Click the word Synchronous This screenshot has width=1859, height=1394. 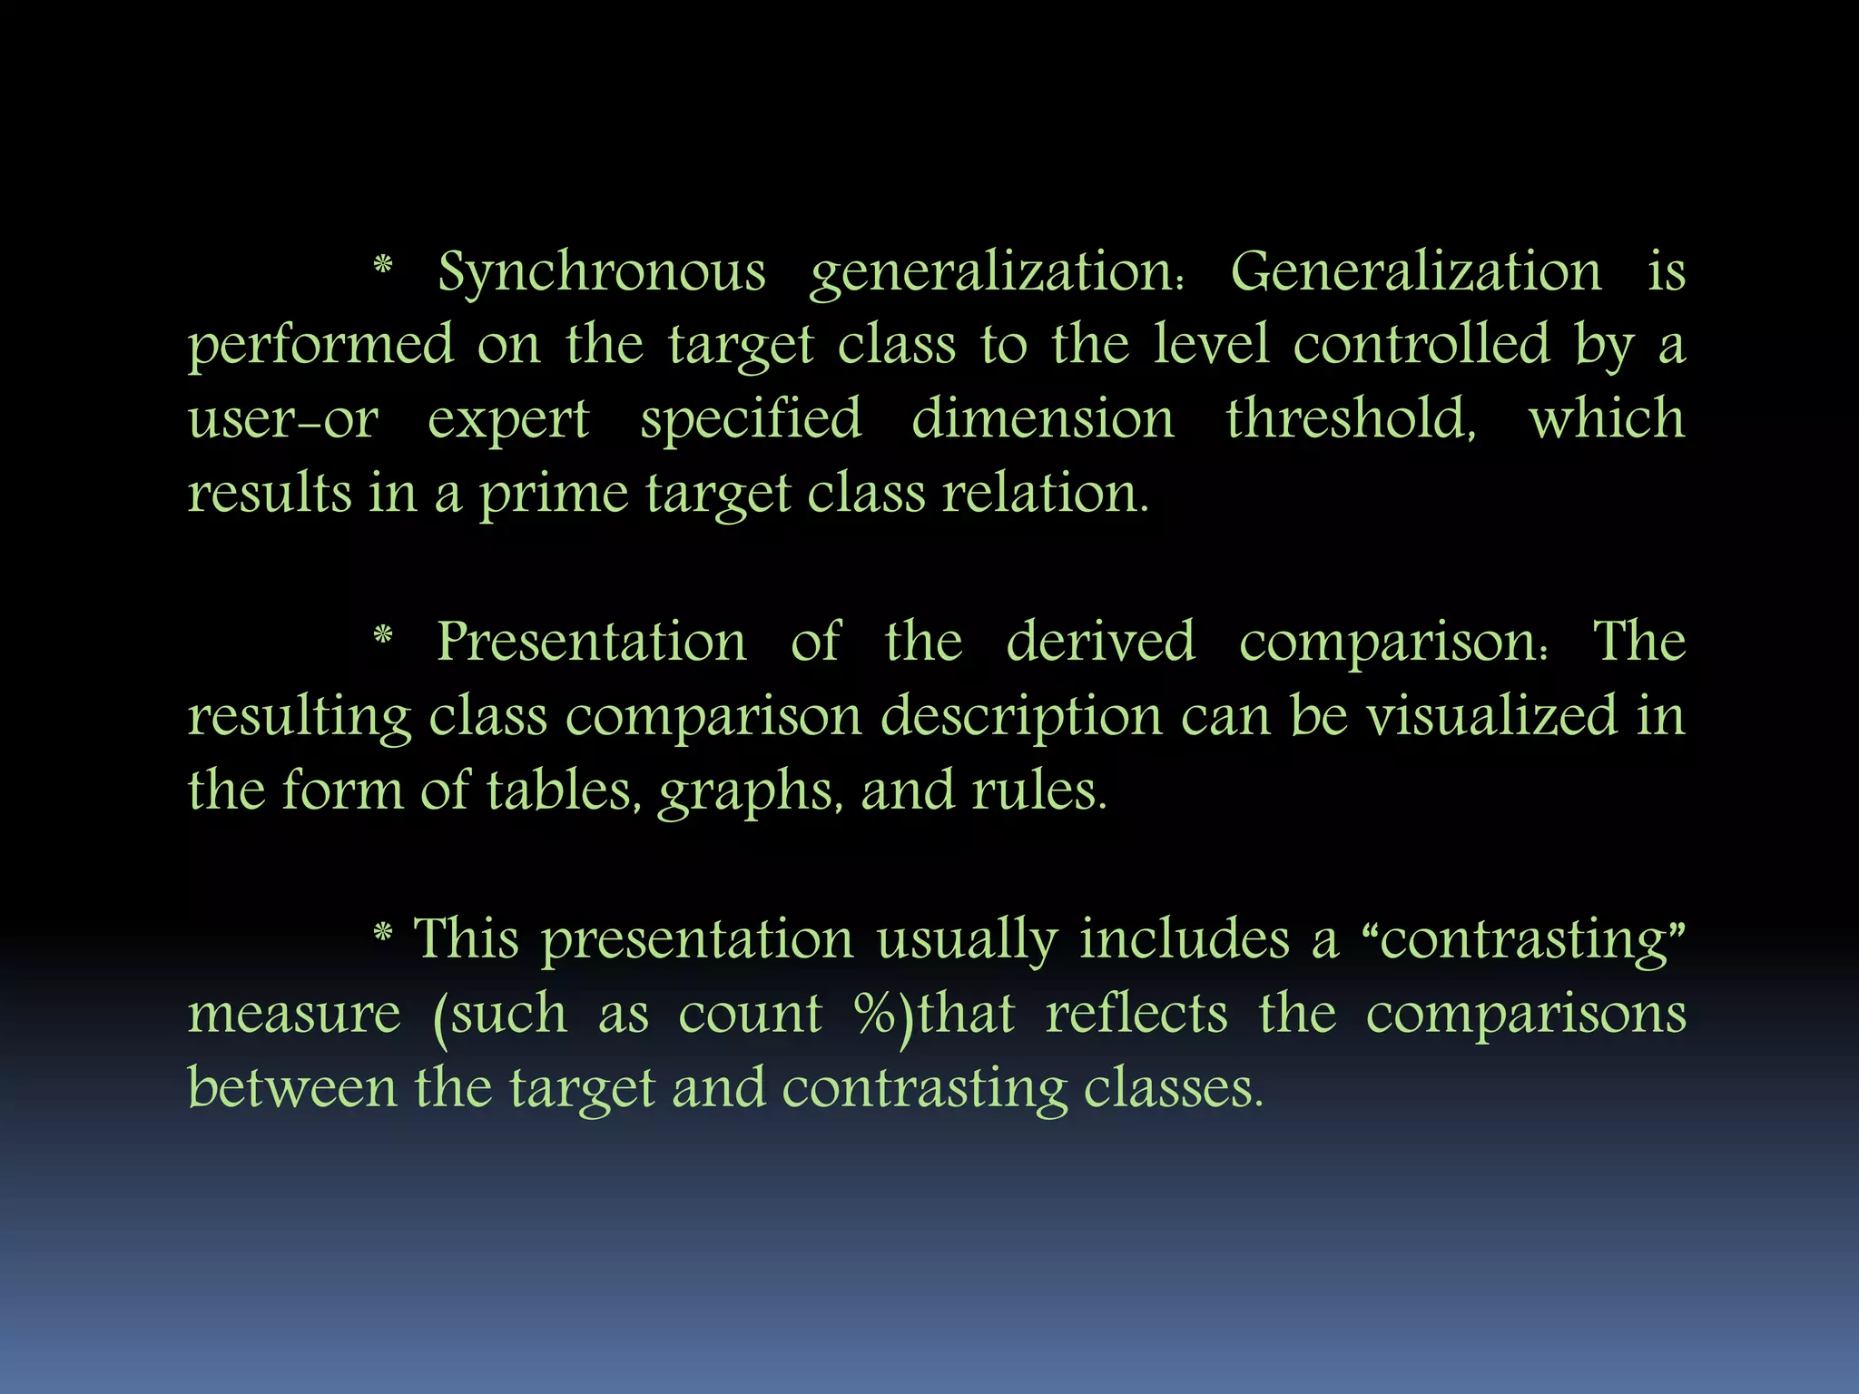pyautogui.click(x=602, y=272)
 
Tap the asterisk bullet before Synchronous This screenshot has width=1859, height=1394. pyautogui.click(x=383, y=266)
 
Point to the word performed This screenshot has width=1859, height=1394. pyautogui.click(x=320, y=347)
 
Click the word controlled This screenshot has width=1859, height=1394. pyautogui.click(x=1421, y=345)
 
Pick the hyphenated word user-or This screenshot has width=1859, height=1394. pyautogui.click(x=283, y=419)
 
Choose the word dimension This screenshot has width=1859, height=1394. pyautogui.click(x=1043, y=419)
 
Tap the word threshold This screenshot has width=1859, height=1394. pyautogui.click(x=1351, y=419)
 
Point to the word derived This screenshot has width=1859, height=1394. pyautogui.click(x=1100, y=642)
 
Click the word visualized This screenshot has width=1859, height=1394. pyautogui.click(x=1492, y=716)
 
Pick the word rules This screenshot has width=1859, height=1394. pyautogui.click(x=1039, y=790)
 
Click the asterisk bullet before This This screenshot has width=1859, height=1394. pyautogui.click(x=383, y=932)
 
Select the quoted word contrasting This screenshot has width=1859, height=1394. pyautogui.click(x=1526, y=939)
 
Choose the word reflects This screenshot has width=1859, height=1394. pyautogui.click(x=1136, y=1013)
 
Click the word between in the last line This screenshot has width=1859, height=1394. pyautogui.click(x=292, y=1087)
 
